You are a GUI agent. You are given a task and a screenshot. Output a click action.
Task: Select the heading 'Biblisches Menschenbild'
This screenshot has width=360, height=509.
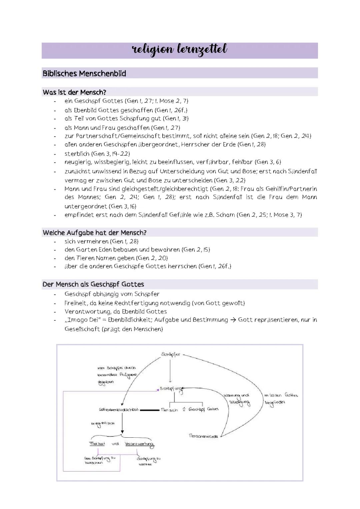click(84, 74)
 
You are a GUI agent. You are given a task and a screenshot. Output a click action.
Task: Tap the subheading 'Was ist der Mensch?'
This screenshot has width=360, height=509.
click(74, 92)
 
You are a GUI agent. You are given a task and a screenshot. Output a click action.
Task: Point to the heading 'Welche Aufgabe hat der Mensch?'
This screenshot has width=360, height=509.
click(94, 233)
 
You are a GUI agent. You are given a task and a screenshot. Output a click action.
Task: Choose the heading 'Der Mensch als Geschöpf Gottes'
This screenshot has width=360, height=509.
click(93, 284)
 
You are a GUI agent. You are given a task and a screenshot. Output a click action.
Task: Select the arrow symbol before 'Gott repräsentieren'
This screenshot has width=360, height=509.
click(233, 320)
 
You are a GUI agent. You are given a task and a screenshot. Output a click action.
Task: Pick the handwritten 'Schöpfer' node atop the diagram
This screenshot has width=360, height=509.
click(170, 354)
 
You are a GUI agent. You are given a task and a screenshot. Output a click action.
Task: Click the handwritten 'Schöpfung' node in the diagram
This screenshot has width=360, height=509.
click(171, 389)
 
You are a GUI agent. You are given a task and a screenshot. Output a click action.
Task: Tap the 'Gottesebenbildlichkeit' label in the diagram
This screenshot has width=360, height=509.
click(119, 409)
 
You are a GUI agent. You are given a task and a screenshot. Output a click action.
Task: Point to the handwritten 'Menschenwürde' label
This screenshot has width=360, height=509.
click(203, 436)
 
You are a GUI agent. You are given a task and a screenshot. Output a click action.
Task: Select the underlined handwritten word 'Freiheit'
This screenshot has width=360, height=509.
click(97, 444)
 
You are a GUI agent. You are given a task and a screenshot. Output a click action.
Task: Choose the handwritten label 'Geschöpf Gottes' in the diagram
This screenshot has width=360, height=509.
click(204, 409)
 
